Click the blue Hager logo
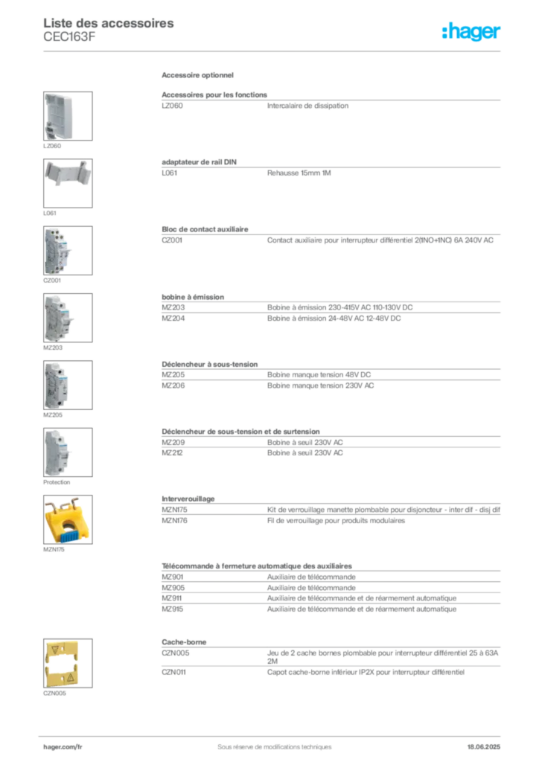pyautogui.click(x=472, y=32)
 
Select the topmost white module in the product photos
pyautogui.click(x=59, y=115)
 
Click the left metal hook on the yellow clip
pyautogui.click(x=54, y=502)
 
